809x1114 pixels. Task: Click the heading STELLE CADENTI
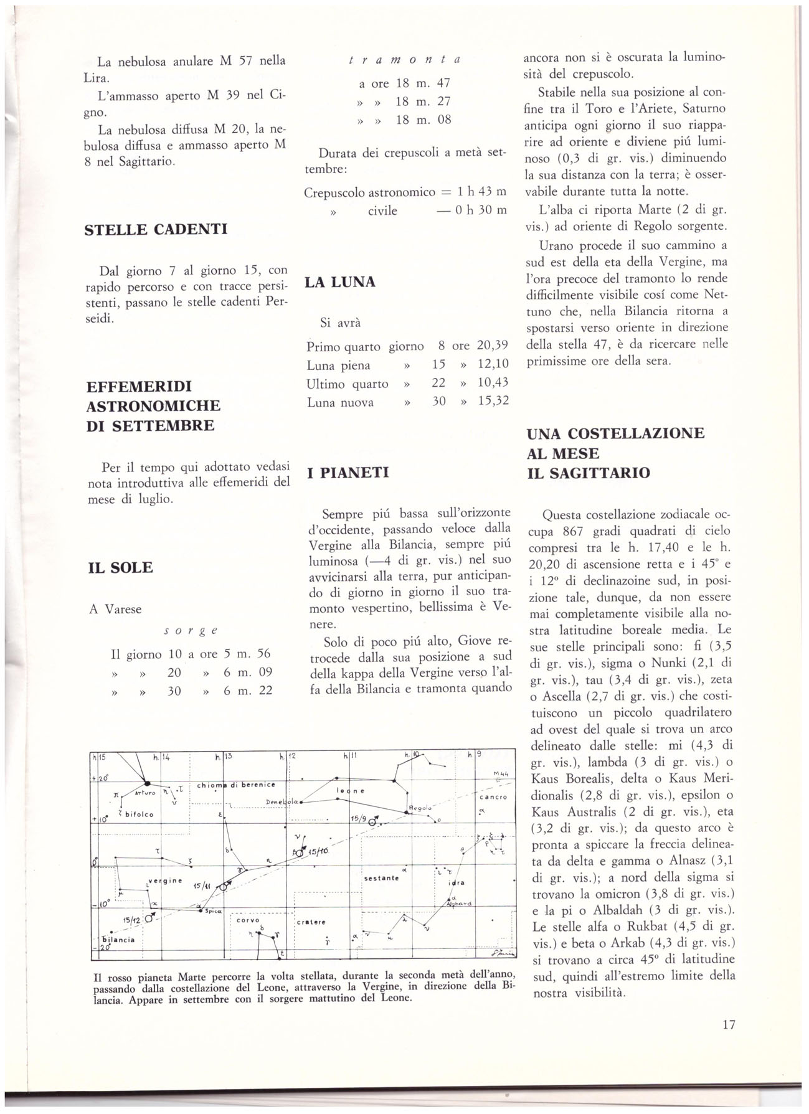[x=156, y=229]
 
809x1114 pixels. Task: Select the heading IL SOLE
[x=121, y=567]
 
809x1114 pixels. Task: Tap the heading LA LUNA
[x=340, y=282]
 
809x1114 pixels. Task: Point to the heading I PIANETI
[x=348, y=473]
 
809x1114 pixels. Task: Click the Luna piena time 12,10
[x=493, y=365]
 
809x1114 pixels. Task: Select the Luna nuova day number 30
[x=439, y=402]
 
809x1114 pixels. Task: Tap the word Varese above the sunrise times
[x=125, y=609]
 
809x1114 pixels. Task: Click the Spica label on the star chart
[x=206, y=911]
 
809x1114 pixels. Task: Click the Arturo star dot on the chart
[x=148, y=784]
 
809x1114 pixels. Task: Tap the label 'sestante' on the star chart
[x=381, y=878]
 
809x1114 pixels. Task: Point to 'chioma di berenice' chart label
[x=236, y=785]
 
